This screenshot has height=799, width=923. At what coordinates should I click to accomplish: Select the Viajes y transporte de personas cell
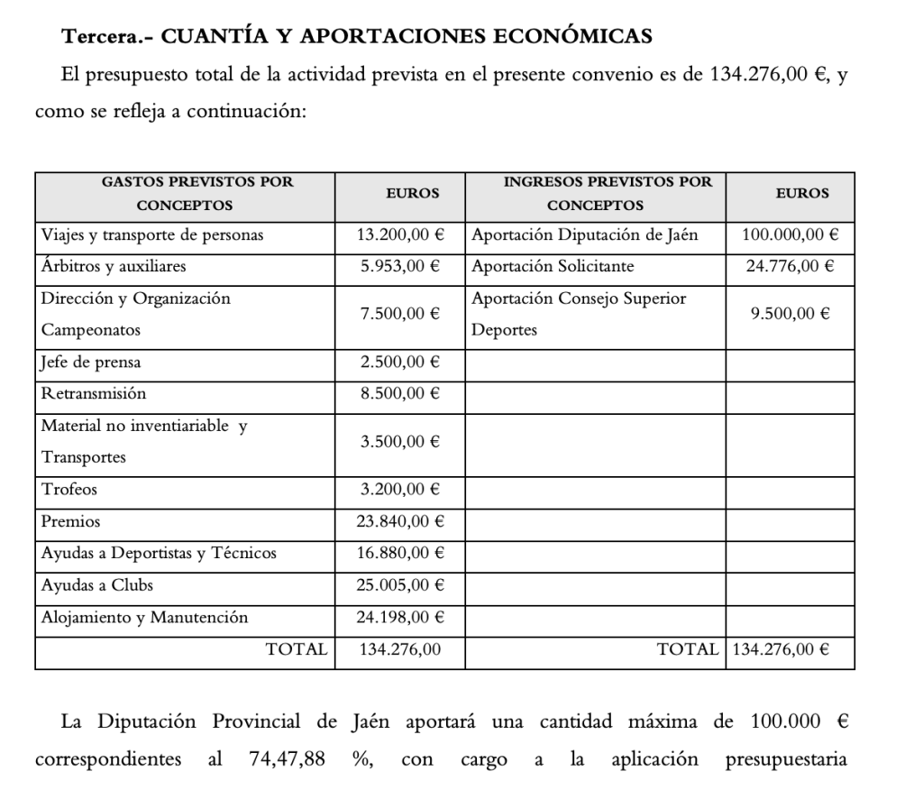(x=152, y=235)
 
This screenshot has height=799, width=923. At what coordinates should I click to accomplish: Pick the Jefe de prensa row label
(x=91, y=363)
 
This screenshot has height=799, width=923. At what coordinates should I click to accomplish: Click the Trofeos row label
(x=69, y=491)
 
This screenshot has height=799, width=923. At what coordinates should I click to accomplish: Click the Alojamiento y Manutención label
(x=144, y=618)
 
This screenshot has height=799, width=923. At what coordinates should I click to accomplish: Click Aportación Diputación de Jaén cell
(x=585, y=235)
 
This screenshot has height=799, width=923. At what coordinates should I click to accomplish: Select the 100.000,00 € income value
(x=790, y=235)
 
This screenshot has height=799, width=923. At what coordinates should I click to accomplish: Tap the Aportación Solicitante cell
(x=553, y=267)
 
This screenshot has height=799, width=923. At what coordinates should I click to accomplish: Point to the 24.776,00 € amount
(x=790, y=267)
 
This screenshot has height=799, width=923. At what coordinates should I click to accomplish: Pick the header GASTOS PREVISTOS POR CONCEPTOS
(x=185, y=193)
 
